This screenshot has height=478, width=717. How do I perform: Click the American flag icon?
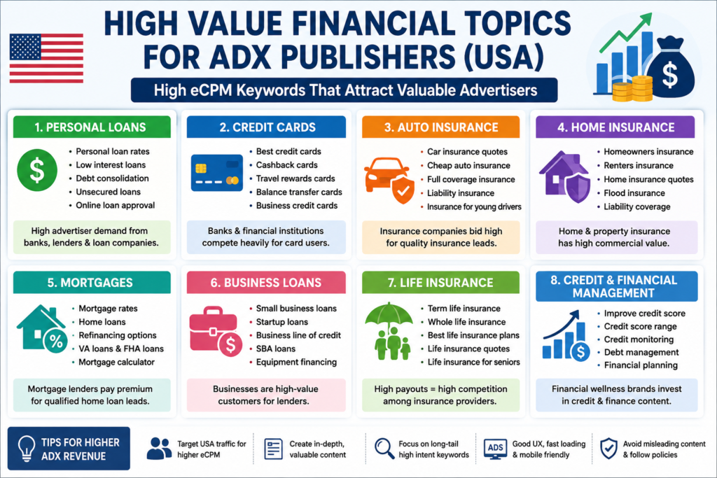pyautogui.click(x=46, y=58)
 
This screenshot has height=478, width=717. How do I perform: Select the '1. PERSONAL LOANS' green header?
pyautogui.click(x=92, y=127)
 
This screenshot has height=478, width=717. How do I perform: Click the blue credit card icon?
pyautogui.click(x=217, y=173)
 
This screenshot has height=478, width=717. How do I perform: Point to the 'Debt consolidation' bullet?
pyautogui.click(x=112, y=178)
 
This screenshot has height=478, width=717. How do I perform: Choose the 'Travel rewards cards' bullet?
pyautogui.click(x=295, y=178)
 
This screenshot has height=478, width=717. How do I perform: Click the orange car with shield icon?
pyautogui.click(x=389, y=180)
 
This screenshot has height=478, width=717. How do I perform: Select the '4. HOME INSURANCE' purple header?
pyautogui.click(x=615, y=127)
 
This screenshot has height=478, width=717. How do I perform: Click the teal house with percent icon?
pyautogui.click(x=42, y=328)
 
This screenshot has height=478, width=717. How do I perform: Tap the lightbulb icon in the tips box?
pyautogui.click(x=26, y=448)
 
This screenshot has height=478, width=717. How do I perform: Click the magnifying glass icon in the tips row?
pyautogui.click(x=384, y=449)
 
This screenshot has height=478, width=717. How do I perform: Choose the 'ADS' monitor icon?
pyautogui.click(x=495, y=449)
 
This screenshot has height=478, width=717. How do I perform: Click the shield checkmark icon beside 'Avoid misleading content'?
pyautogui.click(x=608, y=449)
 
